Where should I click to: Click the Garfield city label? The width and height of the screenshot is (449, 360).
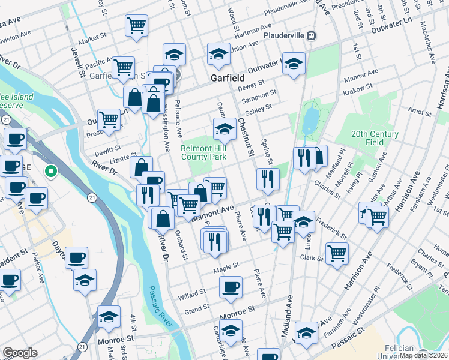(228, 78)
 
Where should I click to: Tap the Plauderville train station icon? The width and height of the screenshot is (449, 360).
(311, 35)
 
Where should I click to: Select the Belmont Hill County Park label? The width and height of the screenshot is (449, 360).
(203, 152)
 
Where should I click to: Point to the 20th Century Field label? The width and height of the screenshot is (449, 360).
(375, 138)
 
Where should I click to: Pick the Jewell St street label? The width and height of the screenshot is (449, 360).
(78, 62)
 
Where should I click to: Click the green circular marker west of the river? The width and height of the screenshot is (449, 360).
(52, 172)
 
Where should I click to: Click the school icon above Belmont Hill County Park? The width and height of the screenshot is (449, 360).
(224, 128)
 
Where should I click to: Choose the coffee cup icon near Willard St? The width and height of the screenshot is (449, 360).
(231, 287)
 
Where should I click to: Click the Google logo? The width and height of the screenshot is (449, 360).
(20, 353)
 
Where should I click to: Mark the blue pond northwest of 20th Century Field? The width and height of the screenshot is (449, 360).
(310, 121)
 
